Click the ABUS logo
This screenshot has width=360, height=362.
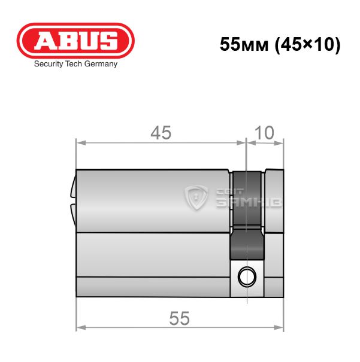(x=75, y=41)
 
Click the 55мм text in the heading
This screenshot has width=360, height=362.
(x=244, y=44)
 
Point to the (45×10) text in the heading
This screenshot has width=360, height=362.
(x=307, y=44)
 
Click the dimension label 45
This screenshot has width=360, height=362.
(x=161, y=133)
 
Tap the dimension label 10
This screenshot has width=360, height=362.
(x=264, y=133)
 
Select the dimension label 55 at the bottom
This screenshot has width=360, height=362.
(x=179, y=318)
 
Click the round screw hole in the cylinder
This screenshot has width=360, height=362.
(x=247, y=276)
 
